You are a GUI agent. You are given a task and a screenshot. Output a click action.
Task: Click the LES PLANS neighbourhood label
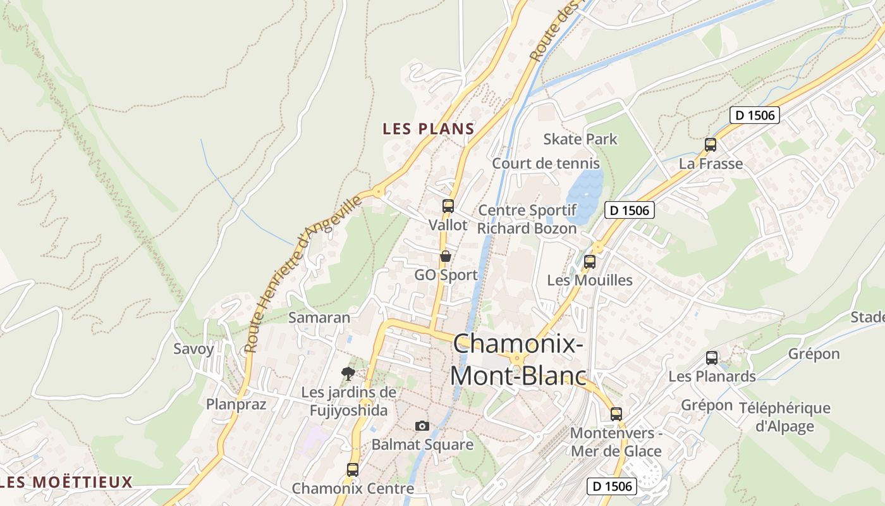pyautogui.click(x=428, y=129)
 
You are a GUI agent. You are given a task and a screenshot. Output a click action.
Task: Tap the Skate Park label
pyautogui.click(x=580, y=139)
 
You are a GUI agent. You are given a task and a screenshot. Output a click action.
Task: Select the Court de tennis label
pyautogui.click(x=537, y=163)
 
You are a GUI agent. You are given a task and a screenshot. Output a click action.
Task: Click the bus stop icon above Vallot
pyautogui.click(x=448, y=206)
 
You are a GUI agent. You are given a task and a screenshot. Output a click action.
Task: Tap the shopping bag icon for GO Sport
pyautogui.click(x=446, y=256)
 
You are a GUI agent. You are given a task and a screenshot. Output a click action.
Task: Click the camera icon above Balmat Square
pyautogui.click(x=422, y=426)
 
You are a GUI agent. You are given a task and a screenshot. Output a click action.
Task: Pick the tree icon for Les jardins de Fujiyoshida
pyautogui.click(x=348, y=373)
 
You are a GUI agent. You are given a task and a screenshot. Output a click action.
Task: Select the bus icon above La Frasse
pyautogui.click(x=711, y=145)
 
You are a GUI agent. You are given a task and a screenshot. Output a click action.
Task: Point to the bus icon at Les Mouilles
pyautogui.click(x=590, y=261)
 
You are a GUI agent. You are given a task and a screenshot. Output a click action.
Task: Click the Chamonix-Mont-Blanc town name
pyautogui.click(x=518, y=360)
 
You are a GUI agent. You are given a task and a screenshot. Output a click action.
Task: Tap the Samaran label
pyautogui.click(x=319, y=318)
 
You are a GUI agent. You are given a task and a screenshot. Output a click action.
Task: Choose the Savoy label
pyautogui.click(x=193, y=349)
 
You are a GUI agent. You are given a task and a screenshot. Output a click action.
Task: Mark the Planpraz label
pyautogui.click(x=236, y=404)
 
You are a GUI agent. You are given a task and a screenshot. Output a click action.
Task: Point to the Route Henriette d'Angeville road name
pyautogui.click(x=303, y=273)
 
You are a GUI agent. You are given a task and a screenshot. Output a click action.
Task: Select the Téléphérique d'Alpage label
pyautogui.click(x=784, y=417)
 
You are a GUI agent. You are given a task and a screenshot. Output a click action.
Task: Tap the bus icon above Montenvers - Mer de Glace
pyautogui.click(x=616, y=414)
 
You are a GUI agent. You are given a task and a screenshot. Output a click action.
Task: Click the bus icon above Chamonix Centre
pyautogui.click(x=353, y=470)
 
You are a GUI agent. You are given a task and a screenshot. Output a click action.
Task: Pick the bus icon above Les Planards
pyautogui.click(x=712, y=358)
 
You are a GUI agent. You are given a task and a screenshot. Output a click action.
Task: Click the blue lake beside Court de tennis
pyautogui.click(x=585, y=190)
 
